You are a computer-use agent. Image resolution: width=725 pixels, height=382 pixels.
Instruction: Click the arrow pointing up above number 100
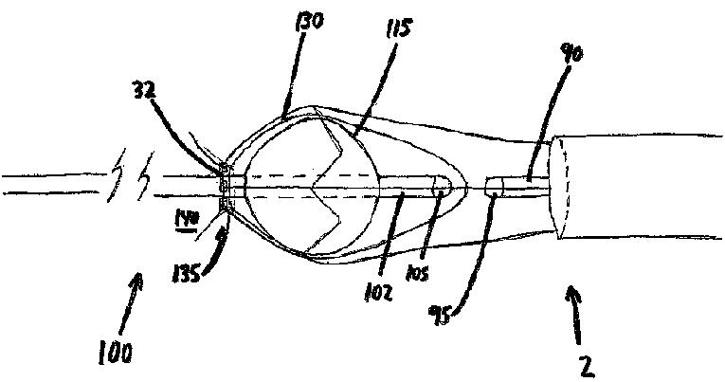click(x=138, y=295)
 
